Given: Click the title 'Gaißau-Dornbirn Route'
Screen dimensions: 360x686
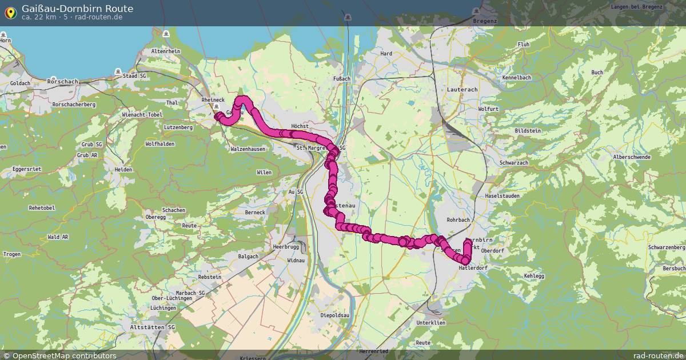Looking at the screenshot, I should point(77,8).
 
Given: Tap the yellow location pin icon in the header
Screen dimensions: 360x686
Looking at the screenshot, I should point(10,12).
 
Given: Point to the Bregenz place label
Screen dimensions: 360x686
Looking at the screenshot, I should point(485,21).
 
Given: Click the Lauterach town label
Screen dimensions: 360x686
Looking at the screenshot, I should point(462,90).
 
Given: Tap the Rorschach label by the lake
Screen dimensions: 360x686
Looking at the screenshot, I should point(63,82).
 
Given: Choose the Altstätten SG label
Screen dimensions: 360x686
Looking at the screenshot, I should point(153,327).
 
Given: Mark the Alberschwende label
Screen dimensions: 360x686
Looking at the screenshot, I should point(631,157).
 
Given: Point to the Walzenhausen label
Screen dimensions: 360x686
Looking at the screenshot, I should point(248,149).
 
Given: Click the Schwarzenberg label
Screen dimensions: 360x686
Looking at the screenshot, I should point(667,247).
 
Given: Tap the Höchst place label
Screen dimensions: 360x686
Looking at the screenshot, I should point(300,126).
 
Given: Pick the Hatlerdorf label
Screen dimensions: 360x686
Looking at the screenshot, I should point(473,267).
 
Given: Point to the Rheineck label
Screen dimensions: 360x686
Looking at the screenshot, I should point(213,100).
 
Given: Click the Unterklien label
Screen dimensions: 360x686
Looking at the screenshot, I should point(431,323).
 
